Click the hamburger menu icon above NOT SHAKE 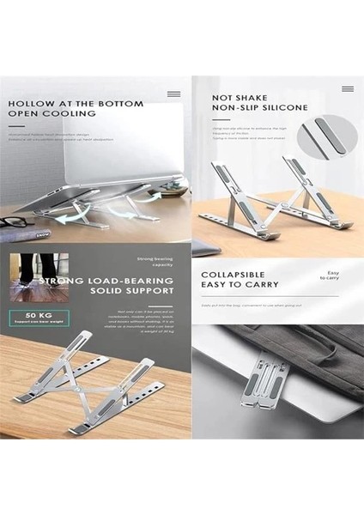347,88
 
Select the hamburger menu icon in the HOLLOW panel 173,93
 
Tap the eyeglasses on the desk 19,224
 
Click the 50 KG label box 31,317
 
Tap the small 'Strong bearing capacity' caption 156,260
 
